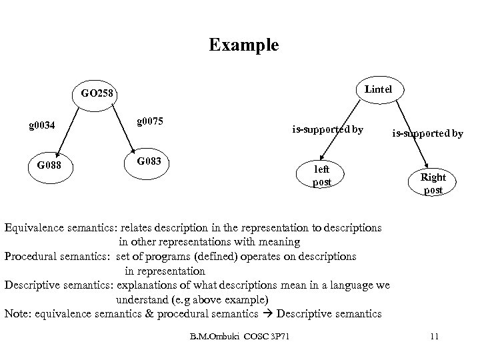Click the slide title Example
click(243, 45)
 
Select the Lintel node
click(378, 89)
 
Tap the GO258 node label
click(98, 93)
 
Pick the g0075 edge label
click(151, 121)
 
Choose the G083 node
click(149, 162)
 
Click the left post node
click(322, 175)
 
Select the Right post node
click(433, 183)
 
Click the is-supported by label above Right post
click(427, 133)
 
